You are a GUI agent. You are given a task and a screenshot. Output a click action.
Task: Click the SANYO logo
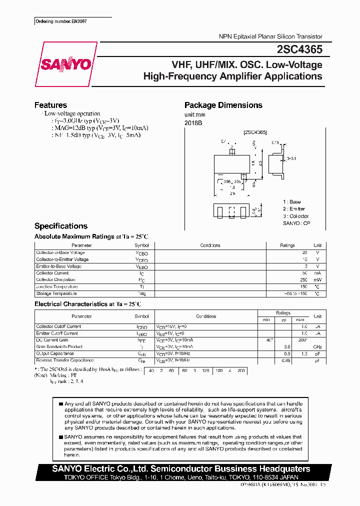click(65, 64)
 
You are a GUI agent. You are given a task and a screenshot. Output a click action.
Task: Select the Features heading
click(50, 105)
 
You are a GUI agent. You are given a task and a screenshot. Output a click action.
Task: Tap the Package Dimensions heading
click(223, 105)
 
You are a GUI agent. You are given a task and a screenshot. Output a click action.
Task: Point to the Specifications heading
click(60, 226)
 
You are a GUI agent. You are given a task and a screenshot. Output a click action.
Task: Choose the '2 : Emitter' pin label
click(293, 209)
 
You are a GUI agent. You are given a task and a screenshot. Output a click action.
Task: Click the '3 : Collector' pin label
click(295, 216)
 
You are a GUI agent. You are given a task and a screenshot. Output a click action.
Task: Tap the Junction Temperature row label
click(56, 287)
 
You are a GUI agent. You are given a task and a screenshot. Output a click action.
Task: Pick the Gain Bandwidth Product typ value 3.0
click(287, 346)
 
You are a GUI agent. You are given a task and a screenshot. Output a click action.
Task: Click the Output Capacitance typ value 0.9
click(287, 353)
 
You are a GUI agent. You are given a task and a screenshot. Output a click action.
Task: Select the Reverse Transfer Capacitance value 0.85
click(286, 360)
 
